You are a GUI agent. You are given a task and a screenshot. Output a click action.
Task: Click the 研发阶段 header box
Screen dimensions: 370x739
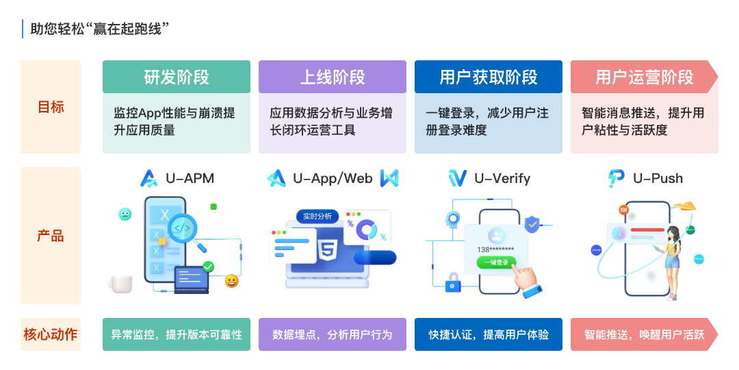177,77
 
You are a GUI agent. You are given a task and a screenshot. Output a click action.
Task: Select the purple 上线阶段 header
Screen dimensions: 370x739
333,77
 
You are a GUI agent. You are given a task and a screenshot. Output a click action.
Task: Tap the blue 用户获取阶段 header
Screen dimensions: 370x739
489,77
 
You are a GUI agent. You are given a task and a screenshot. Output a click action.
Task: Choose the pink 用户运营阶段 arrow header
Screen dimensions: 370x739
643,77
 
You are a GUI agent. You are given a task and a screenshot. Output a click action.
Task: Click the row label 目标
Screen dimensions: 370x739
51,107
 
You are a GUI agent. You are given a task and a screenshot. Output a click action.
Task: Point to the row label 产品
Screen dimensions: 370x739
51,236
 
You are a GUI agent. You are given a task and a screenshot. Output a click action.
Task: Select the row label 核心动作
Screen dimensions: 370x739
51,334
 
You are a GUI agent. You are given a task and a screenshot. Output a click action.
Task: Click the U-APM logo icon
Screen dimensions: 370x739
149,179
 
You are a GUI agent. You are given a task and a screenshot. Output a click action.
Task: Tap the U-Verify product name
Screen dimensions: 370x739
502,179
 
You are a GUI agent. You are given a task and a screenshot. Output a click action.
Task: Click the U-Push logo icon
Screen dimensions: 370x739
616,179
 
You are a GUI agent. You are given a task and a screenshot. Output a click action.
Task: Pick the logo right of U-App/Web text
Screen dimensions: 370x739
389,179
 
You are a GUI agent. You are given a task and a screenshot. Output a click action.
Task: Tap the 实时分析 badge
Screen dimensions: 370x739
317,217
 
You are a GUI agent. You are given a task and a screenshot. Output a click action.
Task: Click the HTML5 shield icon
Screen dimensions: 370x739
326,250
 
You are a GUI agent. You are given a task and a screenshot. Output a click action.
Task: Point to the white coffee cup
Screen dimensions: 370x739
121,284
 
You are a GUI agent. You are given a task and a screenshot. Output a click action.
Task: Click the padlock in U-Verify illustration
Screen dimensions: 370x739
452,281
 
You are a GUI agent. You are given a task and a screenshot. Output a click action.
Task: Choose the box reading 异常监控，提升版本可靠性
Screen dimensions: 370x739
177,334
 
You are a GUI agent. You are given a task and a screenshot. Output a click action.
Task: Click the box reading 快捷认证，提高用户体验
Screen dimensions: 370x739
489,334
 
